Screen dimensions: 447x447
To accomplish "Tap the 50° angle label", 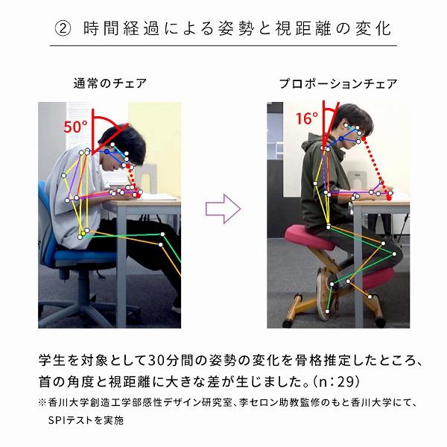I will coord(74,127).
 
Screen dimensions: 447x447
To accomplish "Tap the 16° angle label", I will coord(306,118).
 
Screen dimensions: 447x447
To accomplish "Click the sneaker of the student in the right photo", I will coord(325,291).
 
